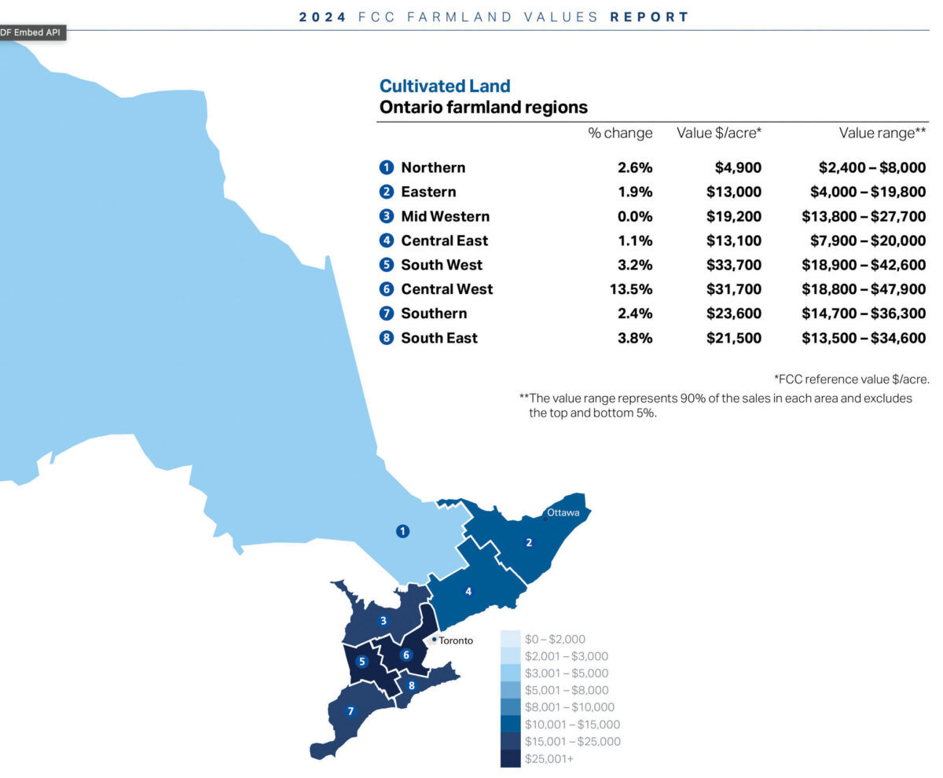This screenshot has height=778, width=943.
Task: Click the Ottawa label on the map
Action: [563, 512]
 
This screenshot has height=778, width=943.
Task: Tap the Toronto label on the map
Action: [456, 640]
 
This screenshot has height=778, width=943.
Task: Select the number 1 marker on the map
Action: [403, 531]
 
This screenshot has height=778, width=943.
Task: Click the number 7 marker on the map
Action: [350, 711]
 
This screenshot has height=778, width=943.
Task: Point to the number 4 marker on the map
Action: [468, 591]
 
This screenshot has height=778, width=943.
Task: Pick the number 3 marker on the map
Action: [383, 621]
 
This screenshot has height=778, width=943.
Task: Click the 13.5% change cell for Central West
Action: [631, 289]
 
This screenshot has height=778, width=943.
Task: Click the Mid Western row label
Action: [445, 216]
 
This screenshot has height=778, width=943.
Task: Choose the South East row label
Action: [438, 338]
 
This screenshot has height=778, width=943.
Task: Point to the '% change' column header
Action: [620, 133]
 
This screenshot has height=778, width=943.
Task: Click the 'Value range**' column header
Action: [882, 133]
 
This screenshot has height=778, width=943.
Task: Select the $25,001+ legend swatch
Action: [510, 758]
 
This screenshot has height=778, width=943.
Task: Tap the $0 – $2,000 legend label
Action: [555, 640]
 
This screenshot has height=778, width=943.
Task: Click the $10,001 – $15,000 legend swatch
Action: [510, 725]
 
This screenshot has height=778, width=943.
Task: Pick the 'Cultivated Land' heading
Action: [445, 86]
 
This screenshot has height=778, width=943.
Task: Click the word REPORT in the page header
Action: [649, 16]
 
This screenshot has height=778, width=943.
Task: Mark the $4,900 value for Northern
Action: [738, 167]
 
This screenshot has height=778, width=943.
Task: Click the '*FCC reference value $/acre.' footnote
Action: [852, 380]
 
